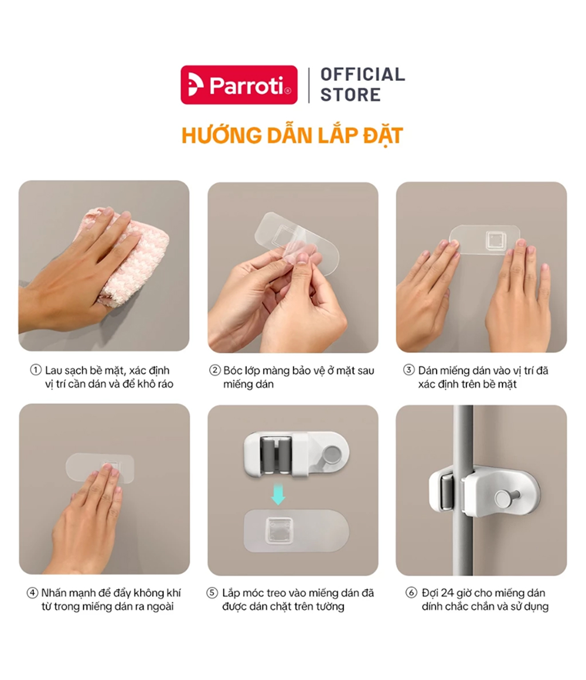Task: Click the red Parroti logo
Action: click(239, 84)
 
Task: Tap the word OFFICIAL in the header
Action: click(363, 74)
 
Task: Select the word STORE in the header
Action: click(350, 94)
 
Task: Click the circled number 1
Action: click(36, 370)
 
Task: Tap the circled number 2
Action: click(214, 370)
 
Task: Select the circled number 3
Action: click(408, 370)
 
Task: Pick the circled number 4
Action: click(32, 593)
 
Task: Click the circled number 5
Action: click(212, 593)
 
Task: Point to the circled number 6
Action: click(411, 593)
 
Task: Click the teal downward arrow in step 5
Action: click(278, 494)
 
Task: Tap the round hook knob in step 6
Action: click(503, 498)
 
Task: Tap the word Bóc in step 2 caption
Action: click(233, 371)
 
